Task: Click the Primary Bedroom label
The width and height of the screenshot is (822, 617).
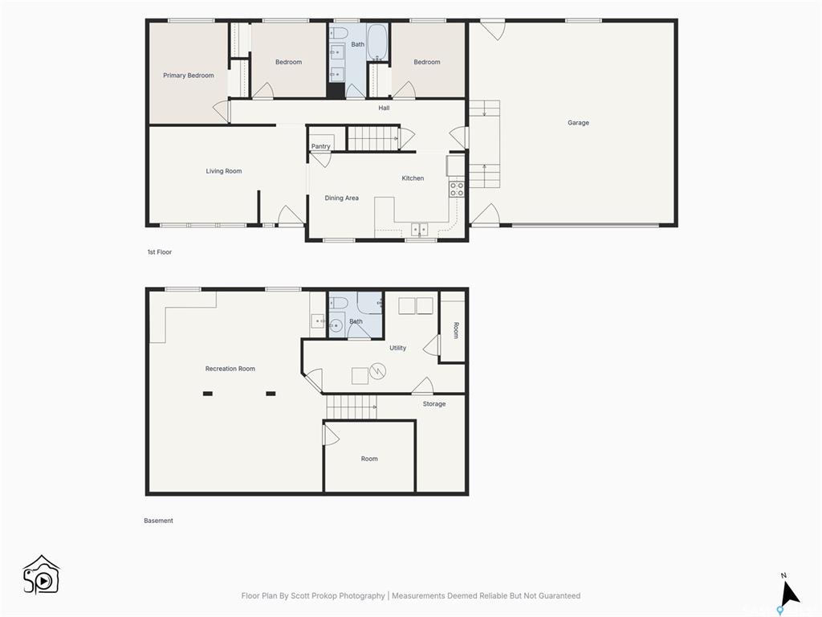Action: [188, 76]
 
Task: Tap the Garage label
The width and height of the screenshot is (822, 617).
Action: [578, 123]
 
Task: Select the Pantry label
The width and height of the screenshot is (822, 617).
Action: [320, 146]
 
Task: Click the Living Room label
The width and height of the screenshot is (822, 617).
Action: [224, 171]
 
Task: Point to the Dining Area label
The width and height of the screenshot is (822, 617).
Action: [342, 198]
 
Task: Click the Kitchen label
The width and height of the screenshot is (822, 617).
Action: [413, 178]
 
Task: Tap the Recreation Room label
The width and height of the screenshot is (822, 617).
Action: [230, 369]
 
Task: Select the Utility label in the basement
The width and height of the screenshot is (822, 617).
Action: [397, 348]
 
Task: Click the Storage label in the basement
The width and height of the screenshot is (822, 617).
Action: [434, 404]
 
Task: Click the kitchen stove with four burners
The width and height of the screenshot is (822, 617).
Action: [457, 190]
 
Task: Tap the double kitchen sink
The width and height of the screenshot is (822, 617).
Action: [419, 230]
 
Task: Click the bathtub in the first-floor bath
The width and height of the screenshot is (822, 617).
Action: [376, 42]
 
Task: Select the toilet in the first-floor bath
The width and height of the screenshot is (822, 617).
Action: [340, 33]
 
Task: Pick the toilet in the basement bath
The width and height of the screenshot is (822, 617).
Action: [338, 303]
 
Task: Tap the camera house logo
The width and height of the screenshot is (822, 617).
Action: [42, 575]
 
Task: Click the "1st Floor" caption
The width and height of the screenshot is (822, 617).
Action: [160, 252]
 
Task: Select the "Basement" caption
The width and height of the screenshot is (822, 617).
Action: [158, 521]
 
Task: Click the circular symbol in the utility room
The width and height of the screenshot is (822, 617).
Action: [378, 371]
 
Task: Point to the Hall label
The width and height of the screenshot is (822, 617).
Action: [384, 108]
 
